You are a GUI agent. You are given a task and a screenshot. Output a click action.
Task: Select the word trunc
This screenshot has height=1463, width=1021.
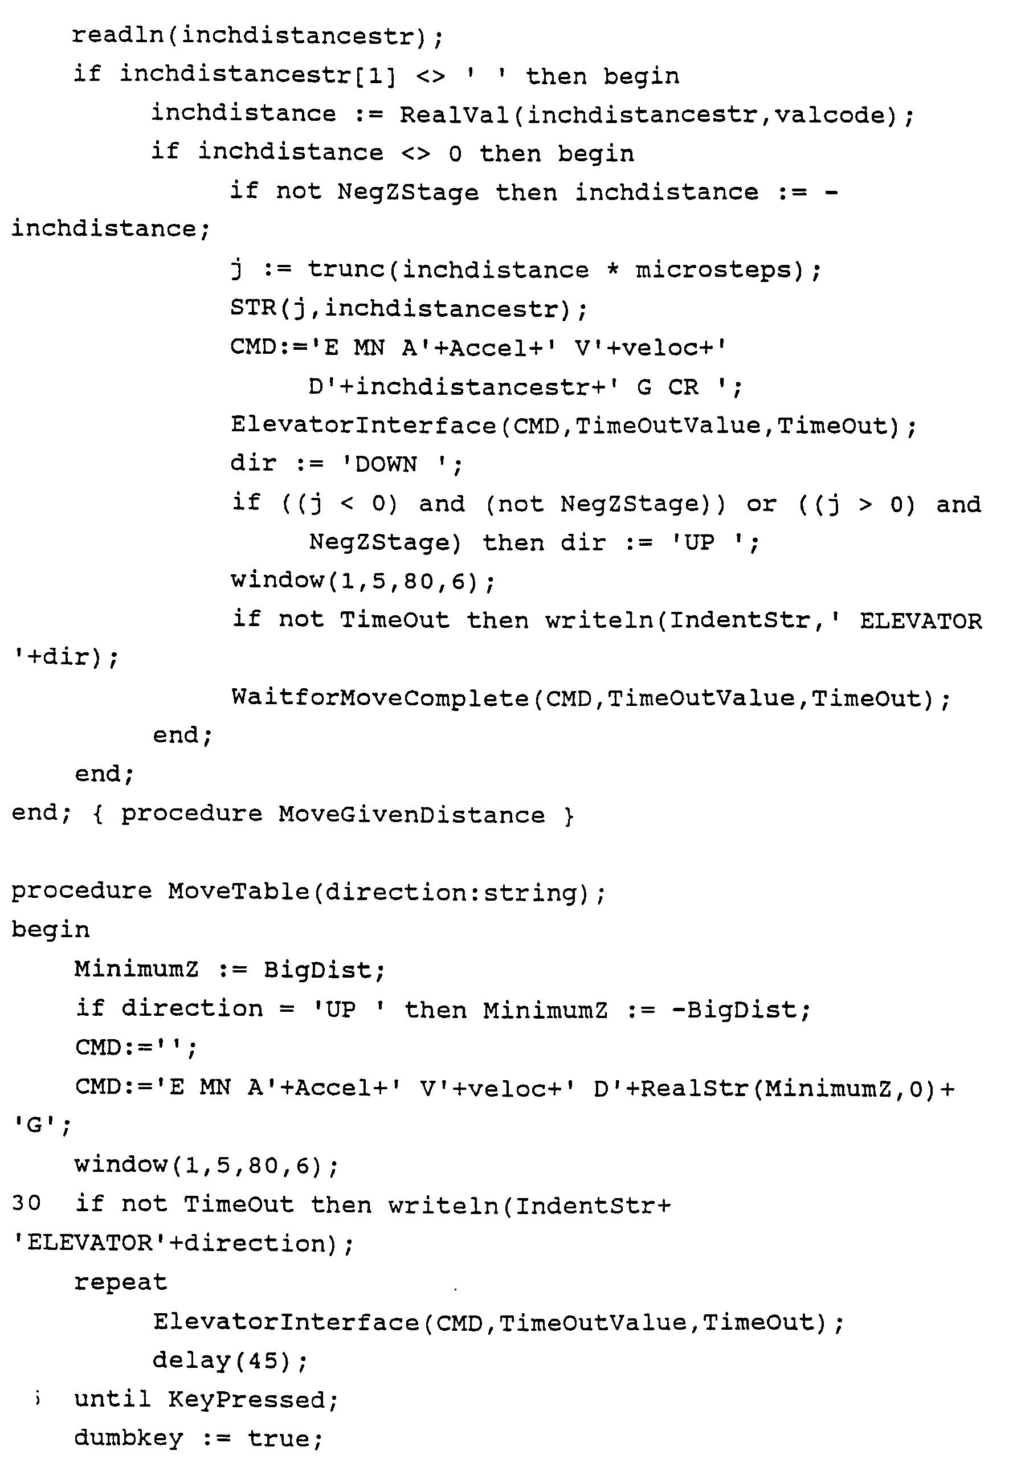click(x=346, y=270)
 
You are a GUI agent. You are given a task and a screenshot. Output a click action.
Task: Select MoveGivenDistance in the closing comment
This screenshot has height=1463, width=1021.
click(x=411, y=815)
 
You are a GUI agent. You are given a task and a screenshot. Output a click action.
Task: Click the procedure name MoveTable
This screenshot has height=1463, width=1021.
click(x=238, y=892)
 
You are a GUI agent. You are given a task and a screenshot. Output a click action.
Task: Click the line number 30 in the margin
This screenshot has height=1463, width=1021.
click(x=26, y=1203)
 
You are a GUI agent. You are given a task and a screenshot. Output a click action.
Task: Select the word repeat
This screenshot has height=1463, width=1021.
click(x=120, y=1282)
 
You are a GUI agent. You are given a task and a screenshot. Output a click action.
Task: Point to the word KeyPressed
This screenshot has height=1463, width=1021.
click(x=252, y=1399)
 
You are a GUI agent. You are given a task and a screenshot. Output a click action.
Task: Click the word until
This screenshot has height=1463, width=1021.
click(x=112, y=1399)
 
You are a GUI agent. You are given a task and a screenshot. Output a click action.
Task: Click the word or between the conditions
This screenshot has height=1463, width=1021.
click(x=762, y=504)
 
